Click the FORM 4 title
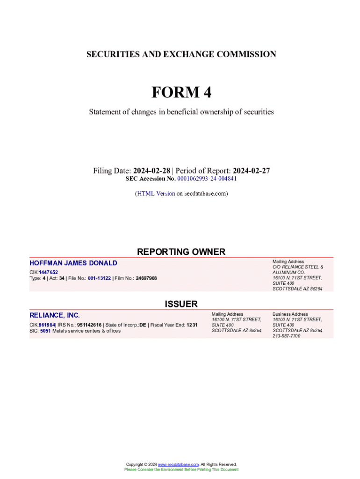pyautogui.click(x=181, y=93)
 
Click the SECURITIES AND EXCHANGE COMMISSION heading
pyautogui.click(x=181, y=54)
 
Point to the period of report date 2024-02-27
pyautogui.click(x=252, y=171)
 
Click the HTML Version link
pyautogui.click(x=156, y=193)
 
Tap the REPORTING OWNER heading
pyautogui.click(x=181, y=252)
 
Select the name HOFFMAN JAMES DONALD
pyautogui.click(x=73, y=263)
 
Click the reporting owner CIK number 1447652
pyautogui.click(x=49, y=272)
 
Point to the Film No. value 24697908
pyautogui.click(x=146, y=278)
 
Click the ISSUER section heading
pyautogui.click(x=181, y=304)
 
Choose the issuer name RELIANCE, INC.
pyautogui.click(x=55, y=315)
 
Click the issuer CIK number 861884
pyautogui.click(x=47, y=325)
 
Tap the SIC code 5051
pyautogui.click(x=45, y=331)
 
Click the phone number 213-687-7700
pyautogui.click(x=287, y=336)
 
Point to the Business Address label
pyautogui.click(x=290, y=314)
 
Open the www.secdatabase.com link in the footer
pyautogui.click(x=179, y=464)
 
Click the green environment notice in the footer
pyautogui.click(x=181, y=469)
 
